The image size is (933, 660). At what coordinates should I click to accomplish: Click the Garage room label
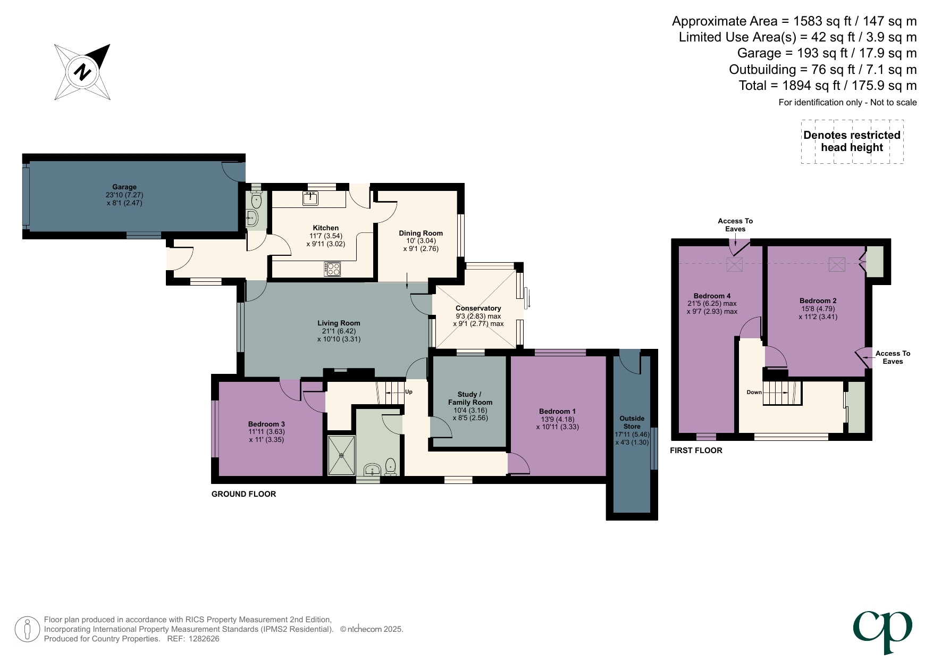[124, 187]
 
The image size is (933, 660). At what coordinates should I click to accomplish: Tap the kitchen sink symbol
[310, 198]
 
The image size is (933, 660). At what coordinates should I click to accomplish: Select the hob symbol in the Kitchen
[333, 269]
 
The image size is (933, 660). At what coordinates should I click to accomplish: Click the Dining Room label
[421, 233]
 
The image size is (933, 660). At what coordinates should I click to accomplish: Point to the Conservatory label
[478, 308]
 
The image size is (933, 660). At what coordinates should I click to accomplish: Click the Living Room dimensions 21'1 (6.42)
[339, 331]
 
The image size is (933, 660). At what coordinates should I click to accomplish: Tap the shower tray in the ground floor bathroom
[341, 455]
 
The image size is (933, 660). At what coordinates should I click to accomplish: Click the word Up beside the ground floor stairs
[409, 392]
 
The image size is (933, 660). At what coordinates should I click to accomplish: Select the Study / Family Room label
[470, 398]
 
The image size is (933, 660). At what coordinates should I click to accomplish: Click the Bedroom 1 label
[557, 411]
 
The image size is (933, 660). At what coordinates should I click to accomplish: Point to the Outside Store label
[632, 422]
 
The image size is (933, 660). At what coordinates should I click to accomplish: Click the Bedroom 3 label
[266, 424]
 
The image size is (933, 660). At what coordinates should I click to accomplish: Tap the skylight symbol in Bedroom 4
[734, 264]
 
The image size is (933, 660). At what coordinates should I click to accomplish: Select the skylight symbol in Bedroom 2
[836, 264]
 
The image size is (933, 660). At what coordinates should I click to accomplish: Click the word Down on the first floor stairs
[754, 392]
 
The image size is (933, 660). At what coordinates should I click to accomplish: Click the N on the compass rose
[82, 71]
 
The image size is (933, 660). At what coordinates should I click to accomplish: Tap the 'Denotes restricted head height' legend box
[852, 141]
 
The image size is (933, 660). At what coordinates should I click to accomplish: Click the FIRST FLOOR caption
[696, 450]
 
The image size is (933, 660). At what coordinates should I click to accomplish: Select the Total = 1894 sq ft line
[827, 86]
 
